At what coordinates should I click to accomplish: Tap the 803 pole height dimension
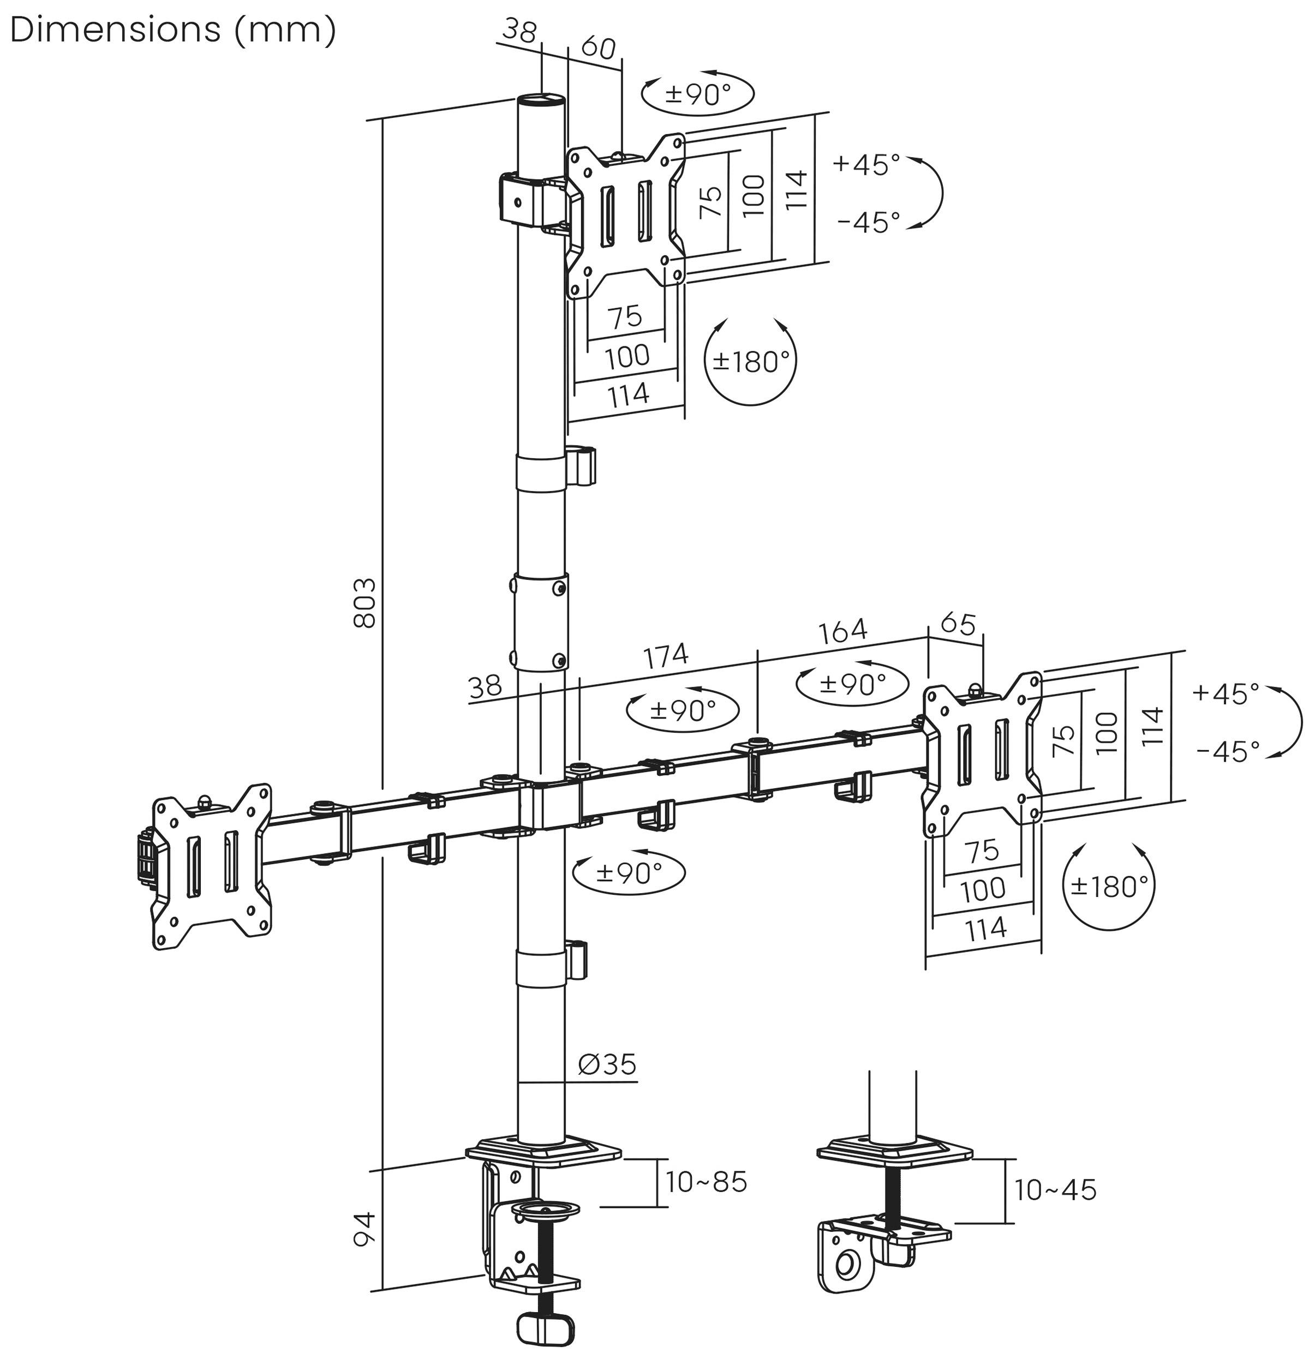pyautogui.click(x=364, y=603)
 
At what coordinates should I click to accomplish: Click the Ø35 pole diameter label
pyautogui.click(x=607, y=1064)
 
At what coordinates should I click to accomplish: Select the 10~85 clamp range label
pyautogui.click(x=706, y=1182)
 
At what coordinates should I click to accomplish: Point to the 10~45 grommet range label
pyautogui.click(x=1054, y=1190)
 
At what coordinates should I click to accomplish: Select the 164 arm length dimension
pyautogui.click(x=842, y=630)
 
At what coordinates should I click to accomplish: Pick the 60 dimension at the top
pyautogui.click(x=598, y=47)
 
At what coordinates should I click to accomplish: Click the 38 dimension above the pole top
pyautogui.click(x=519, y=31)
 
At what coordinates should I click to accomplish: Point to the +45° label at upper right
pyautogui.click(x=866, y=164)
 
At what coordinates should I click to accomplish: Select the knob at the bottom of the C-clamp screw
pyautogui.click(x=545, y=1330)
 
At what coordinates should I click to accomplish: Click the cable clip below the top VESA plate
pyautogui.click(x=581, y=466)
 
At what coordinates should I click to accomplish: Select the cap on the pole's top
pyautogui.click(x=541, y=100)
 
